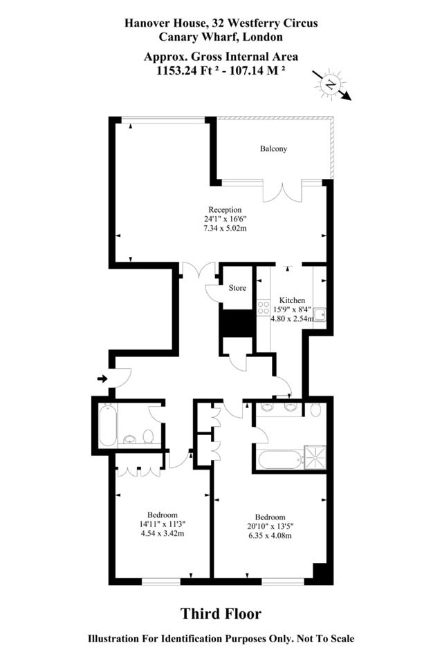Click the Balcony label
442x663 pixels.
273,149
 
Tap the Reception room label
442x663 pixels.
225,210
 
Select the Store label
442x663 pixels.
237,288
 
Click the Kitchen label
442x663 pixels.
292,300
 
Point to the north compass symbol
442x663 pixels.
331,84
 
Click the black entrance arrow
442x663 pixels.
102,378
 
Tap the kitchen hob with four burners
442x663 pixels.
264,307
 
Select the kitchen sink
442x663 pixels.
320,315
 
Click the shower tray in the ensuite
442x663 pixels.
315,457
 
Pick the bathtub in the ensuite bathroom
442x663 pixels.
280,459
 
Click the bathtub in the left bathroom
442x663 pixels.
108,425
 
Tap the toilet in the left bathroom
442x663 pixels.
148,436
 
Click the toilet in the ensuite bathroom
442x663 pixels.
315,410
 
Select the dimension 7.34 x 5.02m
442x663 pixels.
225,229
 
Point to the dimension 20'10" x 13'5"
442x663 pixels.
270,526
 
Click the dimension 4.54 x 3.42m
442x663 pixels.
162,534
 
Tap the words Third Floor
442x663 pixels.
221,613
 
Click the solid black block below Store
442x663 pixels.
237,324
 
